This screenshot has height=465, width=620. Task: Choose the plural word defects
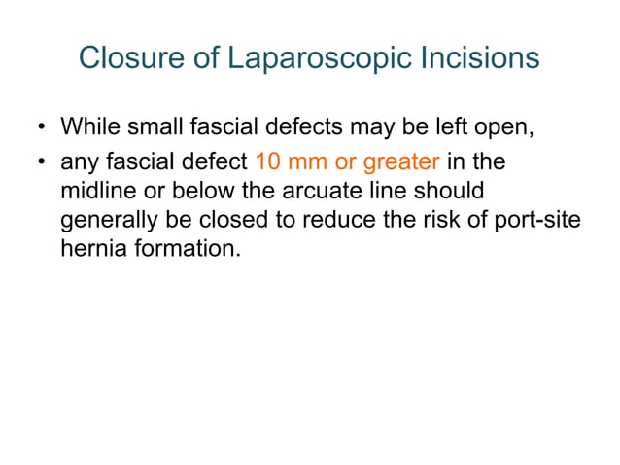[x=295, y=127]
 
